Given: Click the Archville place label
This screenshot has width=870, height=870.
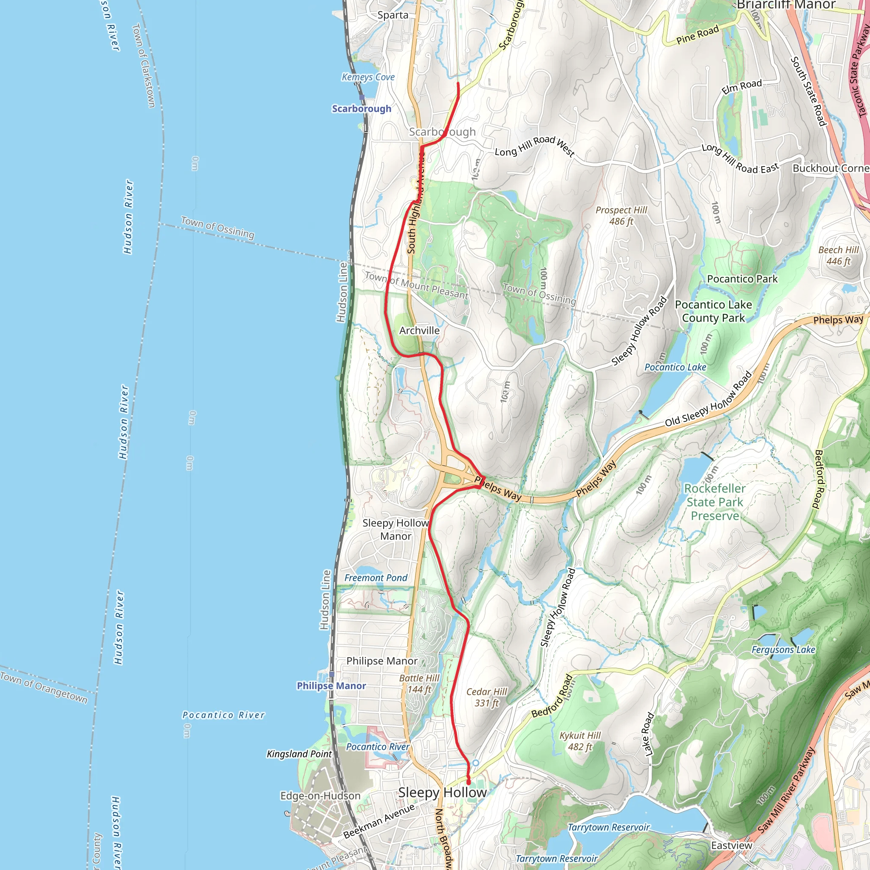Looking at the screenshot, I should pos(419,330).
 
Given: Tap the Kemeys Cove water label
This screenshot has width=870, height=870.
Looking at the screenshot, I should pos(368,77).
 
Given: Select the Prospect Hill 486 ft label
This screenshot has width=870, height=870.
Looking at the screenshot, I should pos(621,216).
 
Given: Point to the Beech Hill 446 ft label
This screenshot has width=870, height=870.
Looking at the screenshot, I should pos(838,255).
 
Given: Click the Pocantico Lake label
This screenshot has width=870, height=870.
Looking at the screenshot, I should pos(675,367).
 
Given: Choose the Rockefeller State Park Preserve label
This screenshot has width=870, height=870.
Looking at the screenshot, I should pos(715,502).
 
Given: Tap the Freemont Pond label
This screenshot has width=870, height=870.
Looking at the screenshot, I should pos(376,578).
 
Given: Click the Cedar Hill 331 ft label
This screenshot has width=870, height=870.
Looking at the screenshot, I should pos(486,697).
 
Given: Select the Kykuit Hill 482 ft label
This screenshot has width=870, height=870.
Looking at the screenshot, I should pos(580,741).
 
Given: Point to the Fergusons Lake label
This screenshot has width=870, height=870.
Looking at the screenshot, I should pos(783,650).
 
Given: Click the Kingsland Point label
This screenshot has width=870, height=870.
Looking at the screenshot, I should pos(299,754).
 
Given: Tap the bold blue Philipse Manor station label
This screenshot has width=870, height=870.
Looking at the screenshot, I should pos(331,686).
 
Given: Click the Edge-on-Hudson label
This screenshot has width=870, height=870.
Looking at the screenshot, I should pos(320,796).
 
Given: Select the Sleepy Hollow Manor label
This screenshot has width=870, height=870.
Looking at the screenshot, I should pos(395,530).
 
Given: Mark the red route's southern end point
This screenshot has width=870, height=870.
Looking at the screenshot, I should pos(468,782).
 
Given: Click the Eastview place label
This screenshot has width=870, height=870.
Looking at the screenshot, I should pos(732,845).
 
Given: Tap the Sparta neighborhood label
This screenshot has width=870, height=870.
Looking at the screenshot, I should pos(393,15).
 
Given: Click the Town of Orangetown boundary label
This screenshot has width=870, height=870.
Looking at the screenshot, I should pos(44,687).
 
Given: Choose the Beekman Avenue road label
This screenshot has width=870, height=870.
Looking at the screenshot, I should pos(378,821).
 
